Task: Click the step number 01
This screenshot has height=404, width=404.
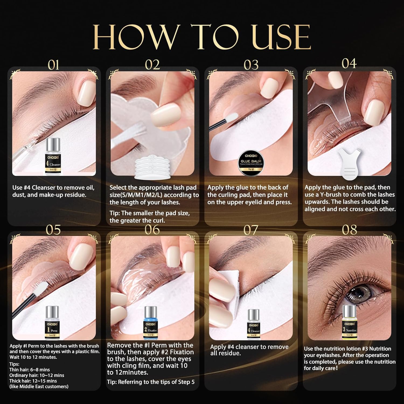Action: [x=53, y=65]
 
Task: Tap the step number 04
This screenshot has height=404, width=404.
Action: [x=349, y=64]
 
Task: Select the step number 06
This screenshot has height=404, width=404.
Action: [x=152, y=230]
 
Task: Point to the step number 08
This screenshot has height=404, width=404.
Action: [x=349, y=230]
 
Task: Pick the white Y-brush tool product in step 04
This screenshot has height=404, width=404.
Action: [x=350, y=163]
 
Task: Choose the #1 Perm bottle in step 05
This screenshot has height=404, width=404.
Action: [x=53, y=323]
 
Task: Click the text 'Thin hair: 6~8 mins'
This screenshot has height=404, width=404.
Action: [x=30, y=370]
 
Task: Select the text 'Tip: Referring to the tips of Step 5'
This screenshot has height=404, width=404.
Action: [x=151, y=382]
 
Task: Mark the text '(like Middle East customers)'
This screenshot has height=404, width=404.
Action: [x=39, y=386]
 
